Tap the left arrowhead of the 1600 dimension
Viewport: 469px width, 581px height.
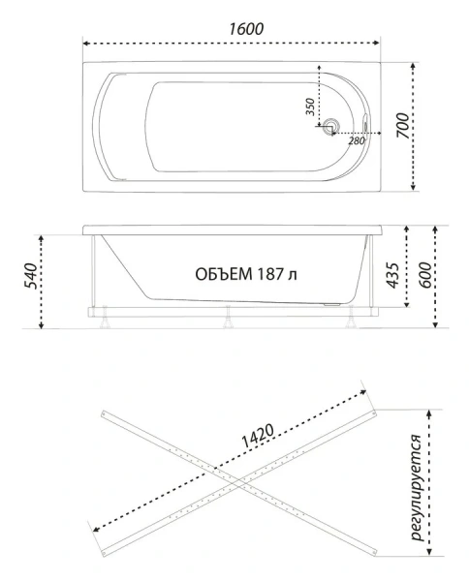tap(86, 44)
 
